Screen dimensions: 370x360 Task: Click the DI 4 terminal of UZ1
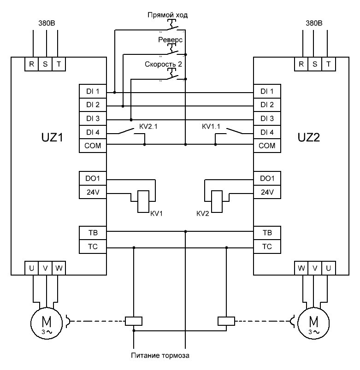coord(93,133)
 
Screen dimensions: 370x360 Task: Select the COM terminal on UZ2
coord(267,146)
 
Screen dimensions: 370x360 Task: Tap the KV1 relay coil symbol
coord(144,201)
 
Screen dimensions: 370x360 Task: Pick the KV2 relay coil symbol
coord(216,201)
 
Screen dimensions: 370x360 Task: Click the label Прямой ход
coord(167,15)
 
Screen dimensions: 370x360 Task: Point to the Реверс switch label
coord(171,40)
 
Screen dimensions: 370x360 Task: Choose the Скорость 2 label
coord(164,65)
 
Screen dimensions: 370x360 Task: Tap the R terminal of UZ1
coord(31,64)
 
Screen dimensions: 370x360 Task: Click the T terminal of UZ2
coord(328,64)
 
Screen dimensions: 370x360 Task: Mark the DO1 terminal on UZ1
coord(93,178)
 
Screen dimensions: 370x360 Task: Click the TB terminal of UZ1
coord(93,232)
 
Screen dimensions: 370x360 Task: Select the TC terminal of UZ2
coord(267,246)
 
